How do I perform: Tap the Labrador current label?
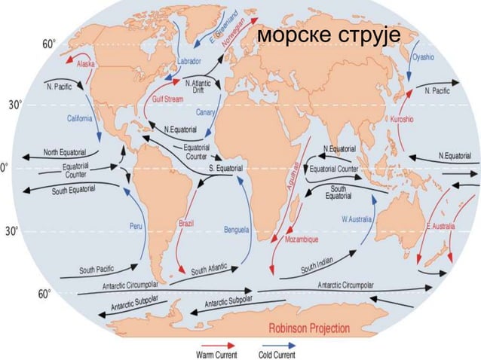(x=189, y=60)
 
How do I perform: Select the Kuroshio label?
(x=401, y=120)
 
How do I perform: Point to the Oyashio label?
(x=423, y=57)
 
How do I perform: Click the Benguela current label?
(x=236, y=229)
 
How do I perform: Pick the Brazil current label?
(x=187, y=223)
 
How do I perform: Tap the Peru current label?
(x=136, y=225)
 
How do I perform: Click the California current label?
(x=80, y=118)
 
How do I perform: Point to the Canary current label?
(x=205, y=112)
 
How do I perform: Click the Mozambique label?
(x=302, y=239)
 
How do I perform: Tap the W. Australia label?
(x=357, y=219)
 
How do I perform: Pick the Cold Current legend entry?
(x=277, y=353)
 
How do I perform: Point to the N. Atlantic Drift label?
(x=199, y=87)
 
